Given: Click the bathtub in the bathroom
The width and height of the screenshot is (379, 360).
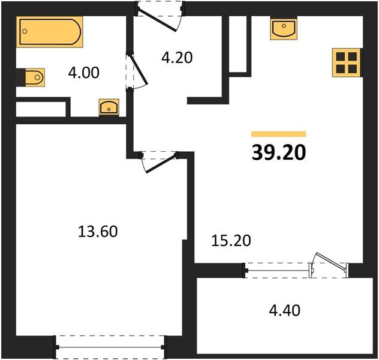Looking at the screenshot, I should [50, 32].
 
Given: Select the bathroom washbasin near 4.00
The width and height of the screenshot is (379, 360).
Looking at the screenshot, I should [109, 107].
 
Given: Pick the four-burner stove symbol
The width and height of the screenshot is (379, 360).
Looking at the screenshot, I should [345, 62].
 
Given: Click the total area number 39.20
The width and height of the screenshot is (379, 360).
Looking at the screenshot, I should [278, 153].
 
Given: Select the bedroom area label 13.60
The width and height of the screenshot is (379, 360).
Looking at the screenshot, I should [98, 230].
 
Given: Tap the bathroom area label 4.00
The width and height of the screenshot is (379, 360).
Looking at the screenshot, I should [83, 73].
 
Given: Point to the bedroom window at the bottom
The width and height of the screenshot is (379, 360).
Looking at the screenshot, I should [109, 346].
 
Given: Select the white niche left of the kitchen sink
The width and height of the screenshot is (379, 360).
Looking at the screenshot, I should [239, 45].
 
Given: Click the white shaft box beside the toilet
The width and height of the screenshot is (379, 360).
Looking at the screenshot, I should [40, 109].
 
